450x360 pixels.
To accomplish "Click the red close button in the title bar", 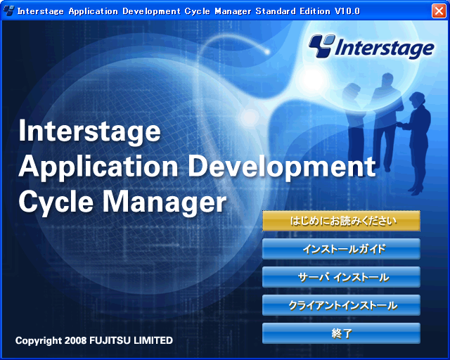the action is point(439,11).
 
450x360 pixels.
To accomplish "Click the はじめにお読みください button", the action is point(341,221).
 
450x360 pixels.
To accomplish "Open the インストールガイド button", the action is point(341,249).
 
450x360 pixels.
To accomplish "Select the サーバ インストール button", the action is point(341,277).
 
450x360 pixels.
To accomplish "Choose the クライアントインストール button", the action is point(341,305).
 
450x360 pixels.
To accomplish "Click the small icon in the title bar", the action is point(8,11).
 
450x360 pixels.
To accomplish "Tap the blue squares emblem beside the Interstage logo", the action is point(322,46).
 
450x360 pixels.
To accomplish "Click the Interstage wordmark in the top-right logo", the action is point(385,48).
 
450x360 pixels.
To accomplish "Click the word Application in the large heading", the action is point(98,168).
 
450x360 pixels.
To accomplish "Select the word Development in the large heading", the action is point(282,167).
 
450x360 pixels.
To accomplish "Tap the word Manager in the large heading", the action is point(165,203).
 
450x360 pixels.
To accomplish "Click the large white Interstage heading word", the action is point(89,131).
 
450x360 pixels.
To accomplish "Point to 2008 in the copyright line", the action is point(75,340).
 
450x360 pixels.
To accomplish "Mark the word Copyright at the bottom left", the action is point(39,341).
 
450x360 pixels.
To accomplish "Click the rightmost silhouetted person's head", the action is point(418,99).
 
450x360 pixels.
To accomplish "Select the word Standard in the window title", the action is point(276,11).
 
